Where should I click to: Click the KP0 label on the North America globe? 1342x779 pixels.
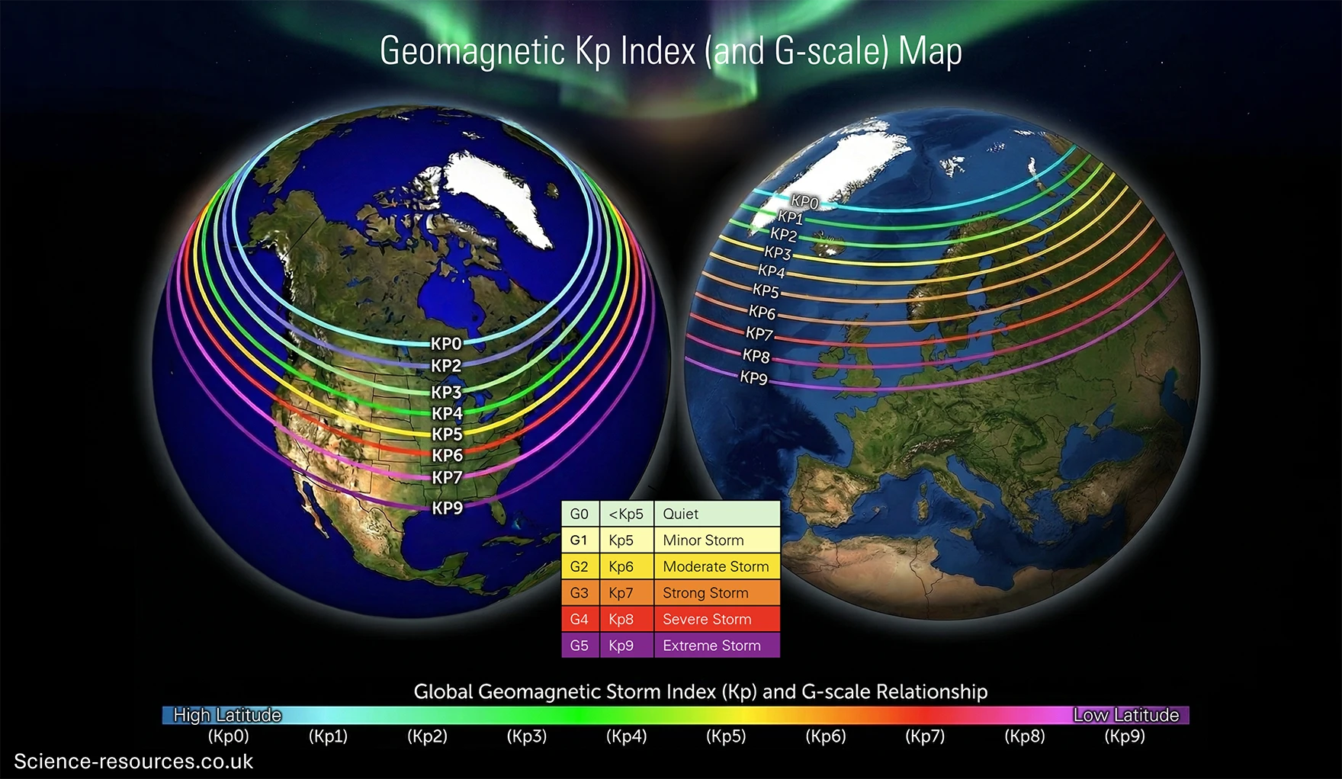click(446, 344)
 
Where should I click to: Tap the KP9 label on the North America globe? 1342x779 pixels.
click(448, 508)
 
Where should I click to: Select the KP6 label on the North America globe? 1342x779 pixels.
click(448, 455)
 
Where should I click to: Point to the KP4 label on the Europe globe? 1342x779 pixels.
click(771, 271)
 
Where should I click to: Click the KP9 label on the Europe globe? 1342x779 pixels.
click(753, 378)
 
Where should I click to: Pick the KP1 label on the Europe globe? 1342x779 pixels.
click(790, 218)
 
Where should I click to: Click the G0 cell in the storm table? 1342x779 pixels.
click(579, 514)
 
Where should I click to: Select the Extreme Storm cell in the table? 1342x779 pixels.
click(711, 646)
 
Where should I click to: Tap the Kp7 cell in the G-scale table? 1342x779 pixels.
click(621, 593)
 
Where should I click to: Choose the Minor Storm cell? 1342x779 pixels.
click(703, 540)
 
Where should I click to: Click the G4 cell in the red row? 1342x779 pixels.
click(579, 619)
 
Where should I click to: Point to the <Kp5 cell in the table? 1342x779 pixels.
click(626, 514)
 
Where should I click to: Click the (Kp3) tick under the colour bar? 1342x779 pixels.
click(527, 736)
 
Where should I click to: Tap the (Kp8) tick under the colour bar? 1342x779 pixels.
click(1025, 736)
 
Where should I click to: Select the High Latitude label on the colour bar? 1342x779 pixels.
click(227, 715)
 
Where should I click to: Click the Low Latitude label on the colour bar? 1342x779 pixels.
click(1126, 715)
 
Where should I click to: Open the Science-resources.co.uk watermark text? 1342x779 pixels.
click(133, 761)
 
